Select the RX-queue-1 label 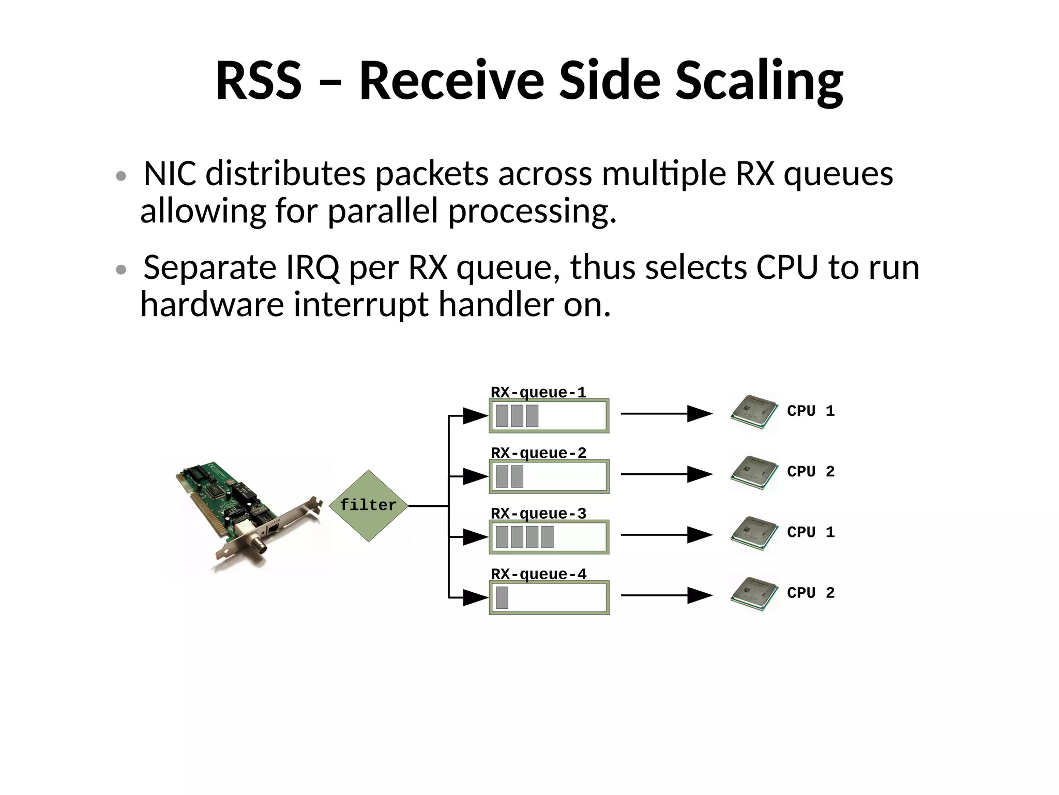538,392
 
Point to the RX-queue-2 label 538,453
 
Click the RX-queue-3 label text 538,513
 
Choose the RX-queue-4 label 538,574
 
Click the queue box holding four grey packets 549,537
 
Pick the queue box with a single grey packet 549,597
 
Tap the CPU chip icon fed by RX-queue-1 754,412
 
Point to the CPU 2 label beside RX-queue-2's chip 810,471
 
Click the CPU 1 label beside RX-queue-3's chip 810,532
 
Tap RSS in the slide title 258,81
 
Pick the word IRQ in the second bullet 312,267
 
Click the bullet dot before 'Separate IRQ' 121,269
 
